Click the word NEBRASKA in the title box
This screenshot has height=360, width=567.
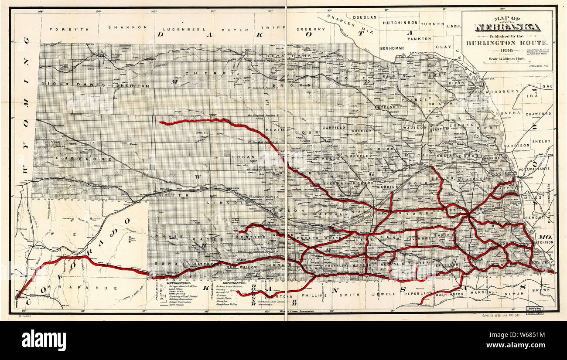coord(507,27)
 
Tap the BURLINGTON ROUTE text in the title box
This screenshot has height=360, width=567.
coord(506,43)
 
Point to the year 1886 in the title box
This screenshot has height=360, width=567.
coord(506,51)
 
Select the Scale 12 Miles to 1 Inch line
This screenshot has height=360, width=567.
coord(506,58)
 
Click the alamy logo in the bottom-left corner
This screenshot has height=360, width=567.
coord(44,340)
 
